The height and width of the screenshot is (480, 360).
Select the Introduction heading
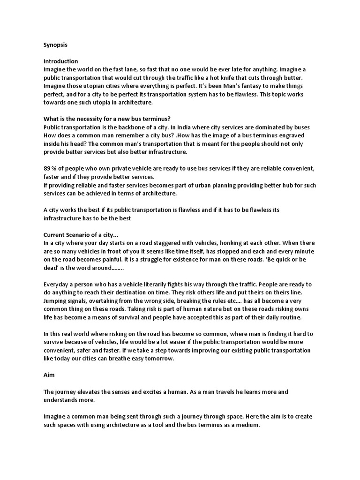(61, 61)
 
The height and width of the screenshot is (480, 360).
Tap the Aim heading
(49, 375)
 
